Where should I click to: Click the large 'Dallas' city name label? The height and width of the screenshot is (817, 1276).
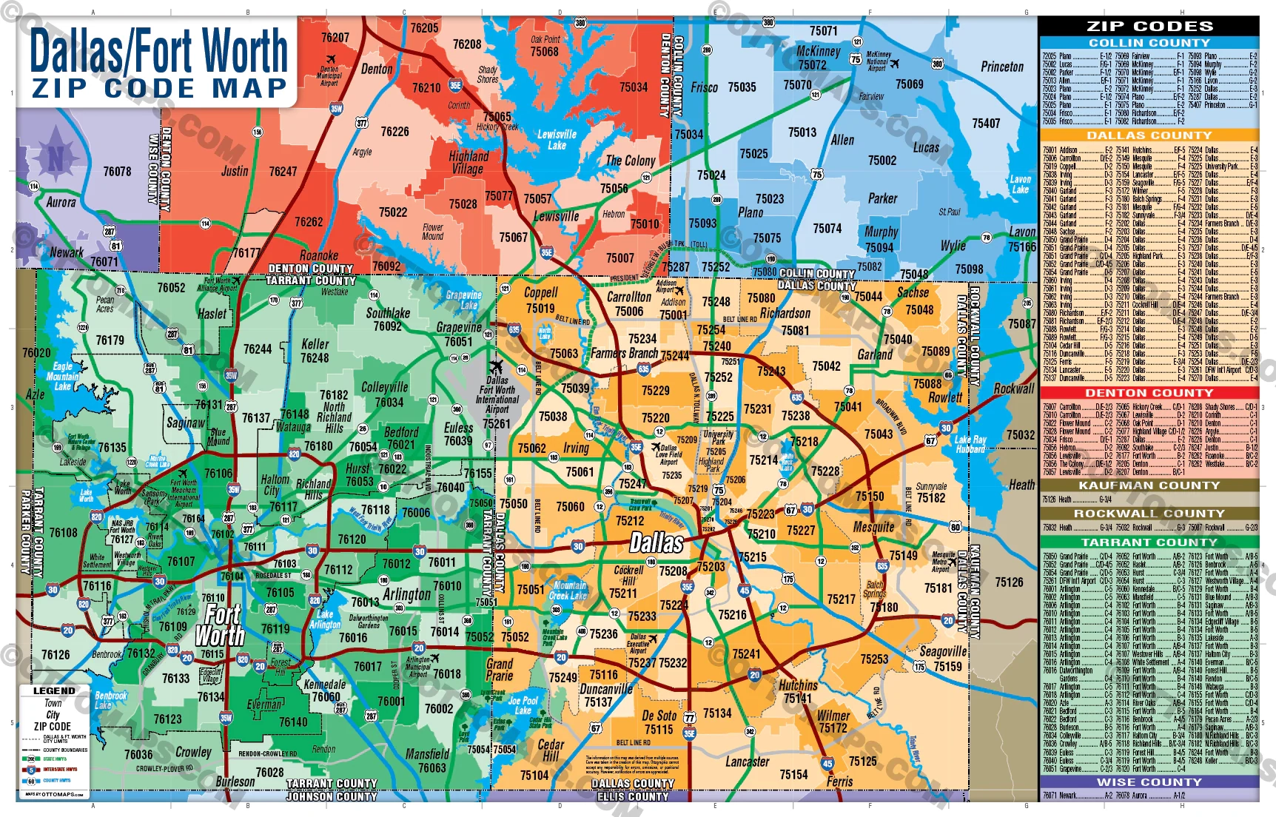click(x=656, y=542)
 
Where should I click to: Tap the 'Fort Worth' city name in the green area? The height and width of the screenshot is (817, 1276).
click(x=219, y=625)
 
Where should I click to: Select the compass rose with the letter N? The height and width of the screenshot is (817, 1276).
click(x=56, y=157)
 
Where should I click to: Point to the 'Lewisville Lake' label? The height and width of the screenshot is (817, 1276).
click(x=557, y=140)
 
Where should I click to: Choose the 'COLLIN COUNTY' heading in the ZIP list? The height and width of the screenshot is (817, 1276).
click(x=1148, y=43)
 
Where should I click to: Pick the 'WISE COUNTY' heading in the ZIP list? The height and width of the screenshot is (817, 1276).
click(x=1148, y=781)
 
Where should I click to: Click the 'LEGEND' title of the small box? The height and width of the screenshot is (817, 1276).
click(x=53, y=690)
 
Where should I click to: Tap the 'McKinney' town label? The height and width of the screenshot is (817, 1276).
click(x=818, y=51)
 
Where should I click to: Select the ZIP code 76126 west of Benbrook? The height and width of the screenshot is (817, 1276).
click(x=56, y=654)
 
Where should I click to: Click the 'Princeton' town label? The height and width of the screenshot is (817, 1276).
click(x=1001, y=67)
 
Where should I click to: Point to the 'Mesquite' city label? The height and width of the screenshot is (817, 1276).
click(x=873, y=527)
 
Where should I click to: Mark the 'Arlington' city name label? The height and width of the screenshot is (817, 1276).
click(x=406, y=594)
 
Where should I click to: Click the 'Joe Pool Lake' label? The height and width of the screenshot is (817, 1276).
click(x=523, y=705)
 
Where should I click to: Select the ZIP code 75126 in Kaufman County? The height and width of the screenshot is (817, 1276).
click(x=1009, y=582)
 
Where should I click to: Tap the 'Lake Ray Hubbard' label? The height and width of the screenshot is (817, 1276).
click(x=970, y=444)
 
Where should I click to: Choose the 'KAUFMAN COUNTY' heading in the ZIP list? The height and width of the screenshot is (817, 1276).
click(x=1148, y=485)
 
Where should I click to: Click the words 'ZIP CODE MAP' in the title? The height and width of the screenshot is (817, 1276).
click(x=158, y=88)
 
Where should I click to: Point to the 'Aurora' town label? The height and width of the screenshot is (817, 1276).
click(x=61, y=202)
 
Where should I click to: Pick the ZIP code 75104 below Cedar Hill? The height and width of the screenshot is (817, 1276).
click(x=534, y=775)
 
